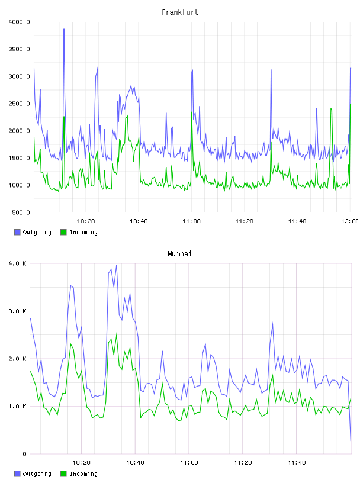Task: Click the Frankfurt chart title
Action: [180, 12]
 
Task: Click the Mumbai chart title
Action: [179, 254]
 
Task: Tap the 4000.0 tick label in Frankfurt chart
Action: [19, 22]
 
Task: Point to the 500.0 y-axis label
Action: [21, 212]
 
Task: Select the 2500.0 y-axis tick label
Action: [19, 104]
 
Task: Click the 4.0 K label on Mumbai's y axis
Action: [17, 263]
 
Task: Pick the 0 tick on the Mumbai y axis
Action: [24, 454]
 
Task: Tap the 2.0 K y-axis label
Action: [17, 359]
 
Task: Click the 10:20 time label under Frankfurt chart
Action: [86, 221]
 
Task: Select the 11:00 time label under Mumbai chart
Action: [189, 463]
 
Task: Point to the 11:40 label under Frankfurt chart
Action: [297, 221]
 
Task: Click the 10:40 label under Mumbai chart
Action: [135, 463]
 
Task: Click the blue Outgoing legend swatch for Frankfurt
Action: [17, 232]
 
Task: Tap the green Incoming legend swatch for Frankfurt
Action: [63, 232]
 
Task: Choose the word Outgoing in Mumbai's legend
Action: [37, 474]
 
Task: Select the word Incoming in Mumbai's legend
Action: [83, 474]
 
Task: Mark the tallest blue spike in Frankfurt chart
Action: [64, 29]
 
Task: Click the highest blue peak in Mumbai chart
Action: [117, 265]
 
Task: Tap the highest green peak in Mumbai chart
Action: [117, 334]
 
